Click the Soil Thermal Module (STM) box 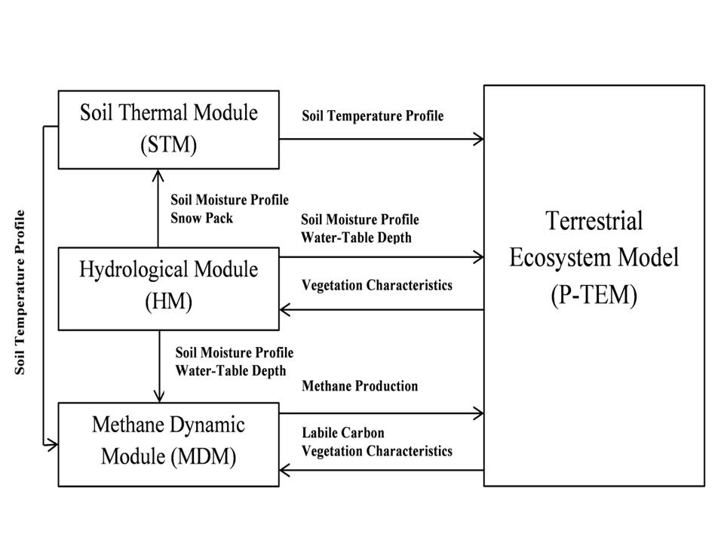click(168, 130)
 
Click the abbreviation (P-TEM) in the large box click(594, 294)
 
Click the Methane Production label click(359, 386)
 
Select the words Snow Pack click(201, 218)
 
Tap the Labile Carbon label click(343, 433)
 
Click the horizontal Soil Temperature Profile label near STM click(373, 116)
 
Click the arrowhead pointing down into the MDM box click(158, 397)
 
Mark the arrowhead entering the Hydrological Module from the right click(285, 309)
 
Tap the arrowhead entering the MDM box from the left click(53, 445)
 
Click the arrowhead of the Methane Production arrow click(478, 413)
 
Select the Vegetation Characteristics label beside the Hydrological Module click(377, 285)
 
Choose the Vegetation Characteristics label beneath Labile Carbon click(377, 451)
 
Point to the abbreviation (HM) click(168, 302)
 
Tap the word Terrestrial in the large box click(594, 222)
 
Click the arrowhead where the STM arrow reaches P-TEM click(478, 139)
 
